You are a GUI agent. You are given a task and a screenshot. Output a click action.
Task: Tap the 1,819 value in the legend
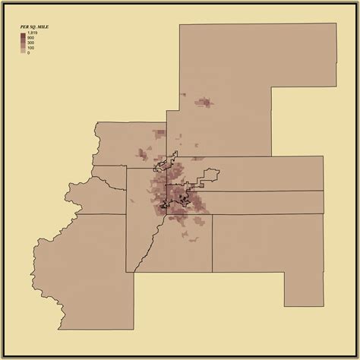33,33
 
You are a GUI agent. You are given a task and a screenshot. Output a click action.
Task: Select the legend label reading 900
31,38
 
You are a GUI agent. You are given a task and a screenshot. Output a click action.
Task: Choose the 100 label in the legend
31,48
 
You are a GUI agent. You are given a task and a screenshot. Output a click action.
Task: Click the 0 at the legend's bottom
29,53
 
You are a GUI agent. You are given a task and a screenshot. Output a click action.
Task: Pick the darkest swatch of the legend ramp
23,35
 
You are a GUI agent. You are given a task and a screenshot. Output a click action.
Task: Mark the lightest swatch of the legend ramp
23,52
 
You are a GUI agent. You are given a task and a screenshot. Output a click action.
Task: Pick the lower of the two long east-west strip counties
266,202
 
